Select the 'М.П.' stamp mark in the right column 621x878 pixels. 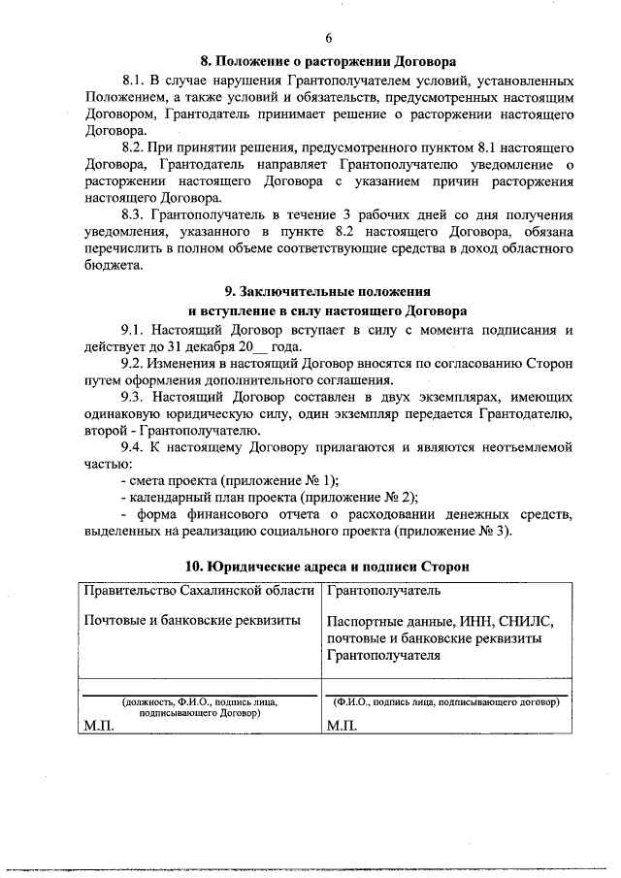(343, 727)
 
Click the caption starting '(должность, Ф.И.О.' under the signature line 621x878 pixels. (199, 701)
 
